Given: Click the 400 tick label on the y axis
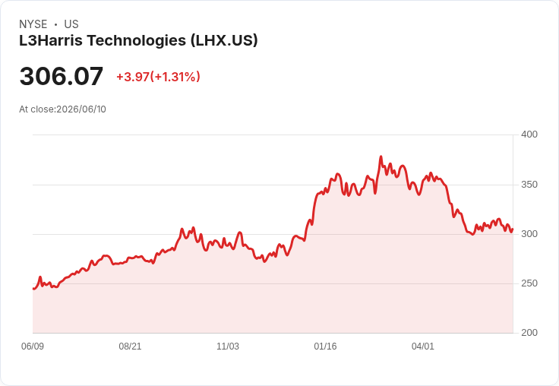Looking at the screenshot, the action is (x=529, y=134).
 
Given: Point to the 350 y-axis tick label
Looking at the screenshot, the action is (x=529, y=185).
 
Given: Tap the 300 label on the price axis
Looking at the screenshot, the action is (x=529, y=234).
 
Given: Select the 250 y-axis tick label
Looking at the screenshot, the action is (x=529, y=283).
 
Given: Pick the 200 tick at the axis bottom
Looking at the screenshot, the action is (x=529, y=333).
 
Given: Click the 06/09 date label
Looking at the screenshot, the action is (x=33, y=346).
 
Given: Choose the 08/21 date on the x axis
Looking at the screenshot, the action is (x=130, y=346).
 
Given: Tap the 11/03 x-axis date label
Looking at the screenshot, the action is (x=228, y=346).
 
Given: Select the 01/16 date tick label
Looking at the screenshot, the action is (x=325, y=346).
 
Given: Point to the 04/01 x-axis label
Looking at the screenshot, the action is (x=423, y=346).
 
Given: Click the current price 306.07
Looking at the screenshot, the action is (x=62, y=76).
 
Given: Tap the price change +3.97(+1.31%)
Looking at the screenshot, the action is (x=158, y=77).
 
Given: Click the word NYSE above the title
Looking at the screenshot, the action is (x=33, y=24).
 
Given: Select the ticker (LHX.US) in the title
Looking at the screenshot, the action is (x=224, y=40).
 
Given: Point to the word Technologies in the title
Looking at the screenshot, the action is (x=137, y=41).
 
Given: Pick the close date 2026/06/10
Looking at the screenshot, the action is (x=81, y=109).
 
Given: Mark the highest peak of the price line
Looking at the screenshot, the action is (x=381, y=157).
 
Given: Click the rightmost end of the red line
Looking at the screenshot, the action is (x=513, y=229).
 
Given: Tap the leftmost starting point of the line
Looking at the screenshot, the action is (x=33, y=289).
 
